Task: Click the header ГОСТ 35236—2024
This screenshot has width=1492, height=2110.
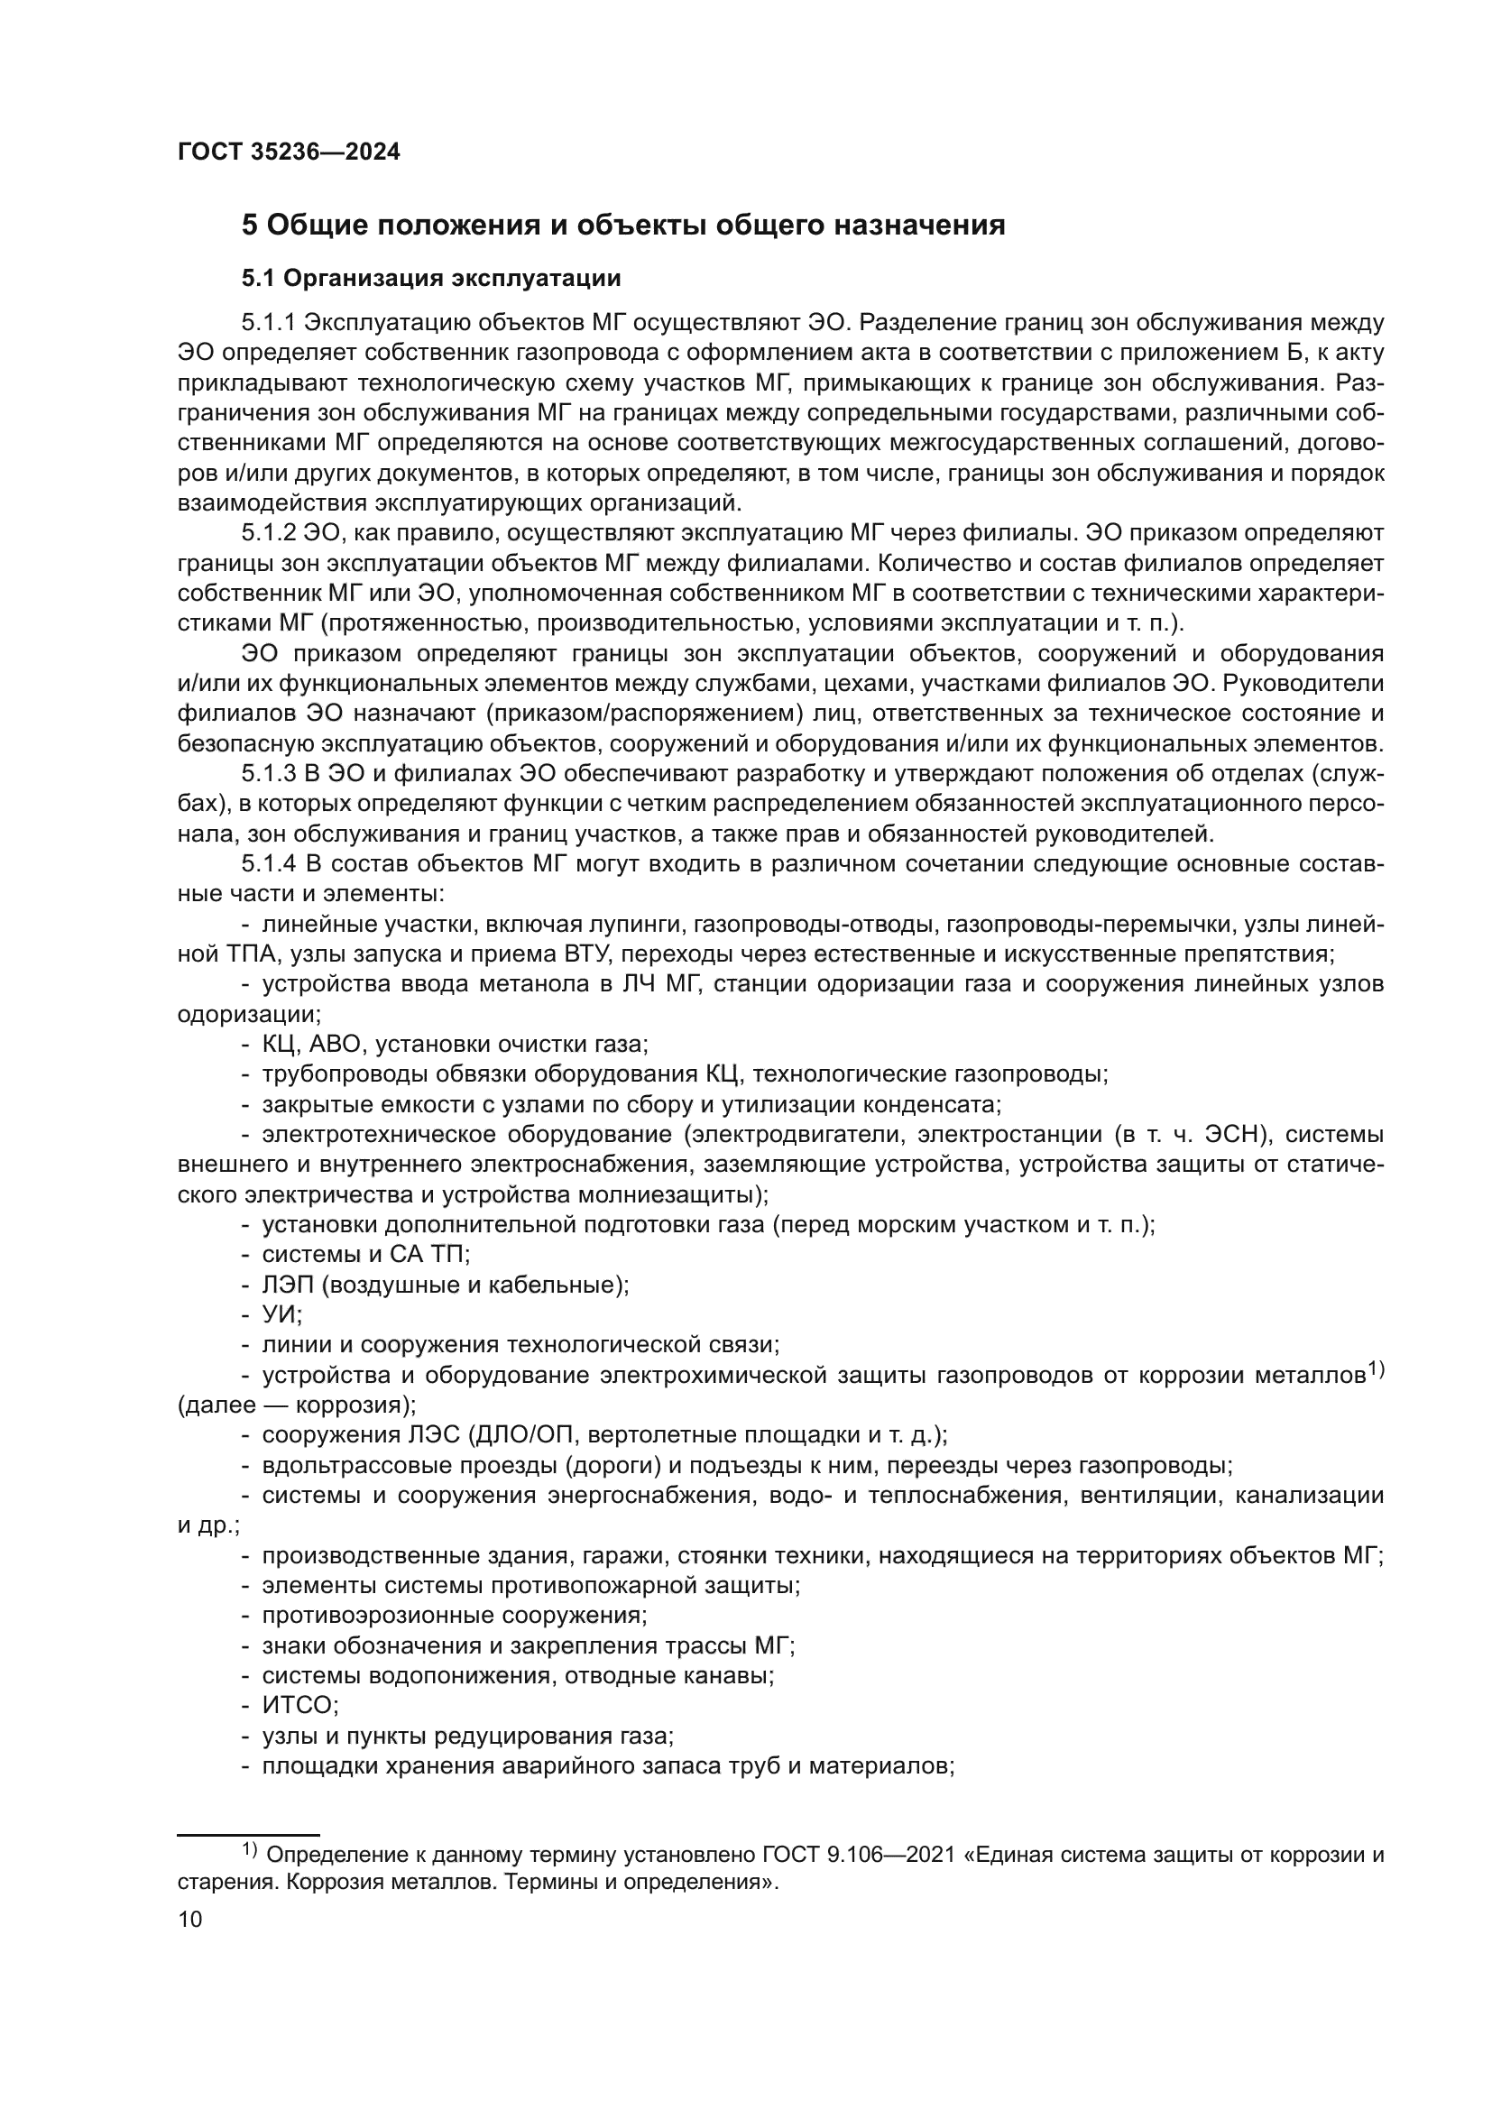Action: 289,152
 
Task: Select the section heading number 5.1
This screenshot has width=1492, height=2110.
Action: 258,278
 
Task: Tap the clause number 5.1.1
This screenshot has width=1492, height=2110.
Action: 268,323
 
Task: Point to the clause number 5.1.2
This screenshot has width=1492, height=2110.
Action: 269,533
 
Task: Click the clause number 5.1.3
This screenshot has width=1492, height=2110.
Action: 269,774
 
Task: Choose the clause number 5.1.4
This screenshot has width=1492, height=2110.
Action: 270,864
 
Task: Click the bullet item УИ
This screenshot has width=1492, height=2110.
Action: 281,1315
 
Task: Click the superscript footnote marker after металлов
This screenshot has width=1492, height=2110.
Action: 1375,1369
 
